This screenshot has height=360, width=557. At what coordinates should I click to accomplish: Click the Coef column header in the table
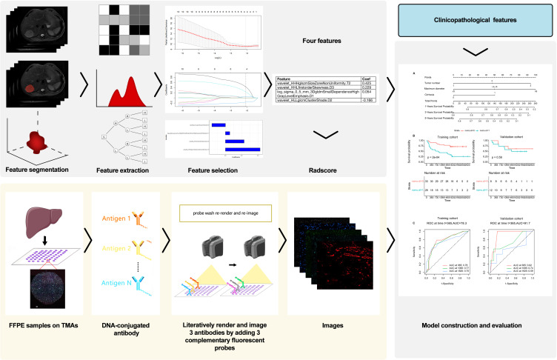click(366, 78)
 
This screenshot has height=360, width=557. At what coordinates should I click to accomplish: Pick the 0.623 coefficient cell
click(366, 84)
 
